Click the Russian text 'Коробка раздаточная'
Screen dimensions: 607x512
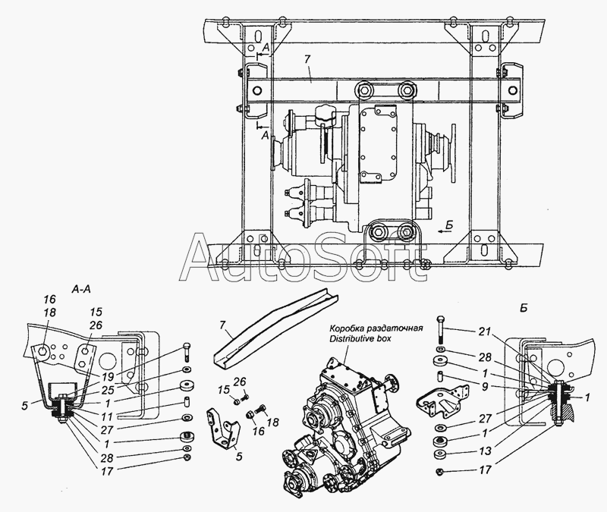(x=376, y=328)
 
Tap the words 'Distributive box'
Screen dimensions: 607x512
(x=360, y=338)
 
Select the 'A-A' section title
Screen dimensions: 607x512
(x=81, y=290)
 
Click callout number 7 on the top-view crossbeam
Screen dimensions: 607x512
(x=307, y=60)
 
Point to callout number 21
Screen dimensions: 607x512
(x=484, y=331)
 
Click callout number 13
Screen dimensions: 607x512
(x=485, y=451)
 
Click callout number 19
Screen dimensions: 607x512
(x=108, y=376)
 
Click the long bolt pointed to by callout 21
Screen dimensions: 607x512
(x=440, y=330)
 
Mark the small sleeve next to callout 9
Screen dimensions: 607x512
(x=441, y=375)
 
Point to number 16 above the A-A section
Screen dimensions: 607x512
(x=50, y=299)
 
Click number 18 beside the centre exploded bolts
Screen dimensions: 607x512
(x=273, y=422)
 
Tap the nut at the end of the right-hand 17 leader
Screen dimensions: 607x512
(x=439, y=472)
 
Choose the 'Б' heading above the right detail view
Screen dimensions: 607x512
(x=524, y=309)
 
